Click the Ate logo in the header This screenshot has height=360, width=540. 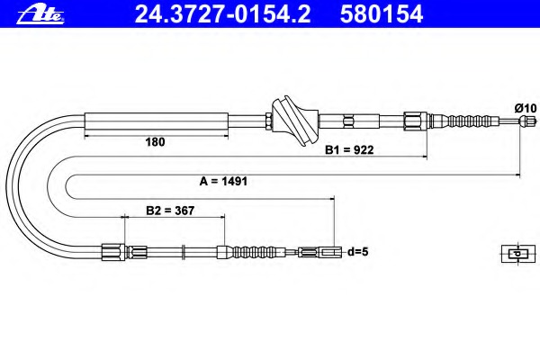tap(40, 15)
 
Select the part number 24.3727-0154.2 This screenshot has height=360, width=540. tap(222, 14)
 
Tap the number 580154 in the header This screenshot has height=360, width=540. tap(382, 14)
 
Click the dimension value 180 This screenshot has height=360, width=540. tap(155, 142)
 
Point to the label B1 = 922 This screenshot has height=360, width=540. tap(349, 150)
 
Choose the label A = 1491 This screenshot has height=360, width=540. tap(223, 181)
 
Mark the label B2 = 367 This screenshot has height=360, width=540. tap(170, 210)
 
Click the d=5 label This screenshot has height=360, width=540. tap(358, 252)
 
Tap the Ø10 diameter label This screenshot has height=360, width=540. tap(526, 108)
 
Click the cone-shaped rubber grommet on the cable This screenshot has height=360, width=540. tap(295, 121)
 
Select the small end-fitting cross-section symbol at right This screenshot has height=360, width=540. tap(518, 254)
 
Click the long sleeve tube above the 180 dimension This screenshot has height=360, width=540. tap(157, 121)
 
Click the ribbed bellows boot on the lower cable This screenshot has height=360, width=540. tap(255, 252)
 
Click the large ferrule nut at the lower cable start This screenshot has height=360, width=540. tap(113, 252)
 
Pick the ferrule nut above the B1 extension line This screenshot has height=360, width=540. tap(416, 121)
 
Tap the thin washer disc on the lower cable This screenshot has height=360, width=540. tap(184, 252)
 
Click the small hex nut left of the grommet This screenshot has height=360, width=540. tap(269, 121)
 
